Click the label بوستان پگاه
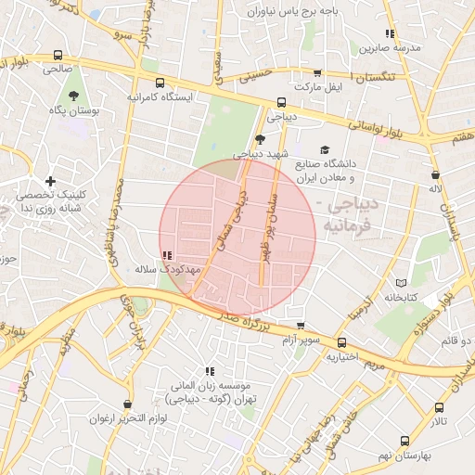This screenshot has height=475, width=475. pos(72,110)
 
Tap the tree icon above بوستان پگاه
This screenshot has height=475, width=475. pos(73,95)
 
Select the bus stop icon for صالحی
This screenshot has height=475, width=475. pos(58,54)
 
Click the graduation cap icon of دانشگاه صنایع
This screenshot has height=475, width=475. pos(324,149)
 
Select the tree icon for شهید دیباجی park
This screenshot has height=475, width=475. pos(259,139)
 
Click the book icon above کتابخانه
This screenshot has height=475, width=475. pos(402,282)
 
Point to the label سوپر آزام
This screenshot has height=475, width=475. pos(301,340)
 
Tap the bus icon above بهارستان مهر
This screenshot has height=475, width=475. pos(405,439)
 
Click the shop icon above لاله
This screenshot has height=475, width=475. pos(434,173)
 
